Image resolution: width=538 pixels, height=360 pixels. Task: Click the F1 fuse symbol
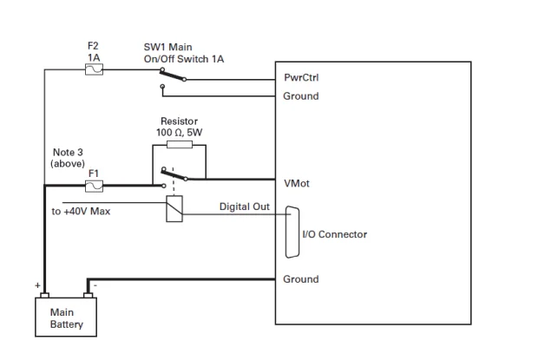tap(95, 185)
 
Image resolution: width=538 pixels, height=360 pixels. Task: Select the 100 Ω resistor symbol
tap(179, 146)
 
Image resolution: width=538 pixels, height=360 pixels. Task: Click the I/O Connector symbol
tap(292, 232)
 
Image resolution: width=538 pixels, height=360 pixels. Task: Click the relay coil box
tap(174, 207)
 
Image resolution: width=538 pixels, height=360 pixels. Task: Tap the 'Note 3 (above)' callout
tap(67, 158)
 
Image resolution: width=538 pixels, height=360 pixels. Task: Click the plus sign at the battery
tap(36, 284)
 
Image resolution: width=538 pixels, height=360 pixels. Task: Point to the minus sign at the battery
tap(95, 283)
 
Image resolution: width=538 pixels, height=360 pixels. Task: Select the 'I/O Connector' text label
tap(334, 234)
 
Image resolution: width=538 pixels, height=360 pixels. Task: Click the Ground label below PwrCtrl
tap(301, 96)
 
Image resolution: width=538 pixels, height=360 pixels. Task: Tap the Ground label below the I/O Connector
tap(301, 279)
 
